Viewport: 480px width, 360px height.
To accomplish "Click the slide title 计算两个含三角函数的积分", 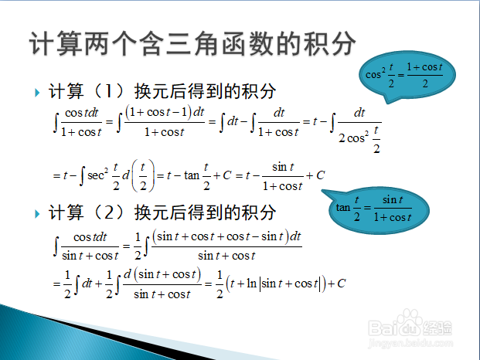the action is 192,44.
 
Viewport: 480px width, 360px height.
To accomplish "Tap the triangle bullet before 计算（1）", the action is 37,93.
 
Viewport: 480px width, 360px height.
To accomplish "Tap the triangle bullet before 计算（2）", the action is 37,213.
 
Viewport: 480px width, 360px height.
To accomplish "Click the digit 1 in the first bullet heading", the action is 109,91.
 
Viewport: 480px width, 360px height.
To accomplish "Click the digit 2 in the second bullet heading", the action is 109,212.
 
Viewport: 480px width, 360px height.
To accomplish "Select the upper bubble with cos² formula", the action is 407,75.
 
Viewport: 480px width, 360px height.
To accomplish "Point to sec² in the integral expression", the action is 97,175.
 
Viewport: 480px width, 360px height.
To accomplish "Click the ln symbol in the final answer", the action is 251,284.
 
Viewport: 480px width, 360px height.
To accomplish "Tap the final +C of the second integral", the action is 336,284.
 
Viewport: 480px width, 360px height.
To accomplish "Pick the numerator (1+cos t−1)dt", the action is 165,112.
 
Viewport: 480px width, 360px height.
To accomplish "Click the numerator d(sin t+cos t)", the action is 162,274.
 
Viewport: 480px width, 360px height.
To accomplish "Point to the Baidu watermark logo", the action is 410,327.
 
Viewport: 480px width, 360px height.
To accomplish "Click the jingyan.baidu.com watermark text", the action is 410,342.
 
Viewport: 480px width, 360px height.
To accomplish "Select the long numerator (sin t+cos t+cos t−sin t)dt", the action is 226,236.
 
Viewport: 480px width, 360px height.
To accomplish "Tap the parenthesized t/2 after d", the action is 143,175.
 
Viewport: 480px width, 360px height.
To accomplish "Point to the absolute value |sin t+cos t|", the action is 290,284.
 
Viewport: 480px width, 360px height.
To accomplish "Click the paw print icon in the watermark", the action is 410,318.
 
